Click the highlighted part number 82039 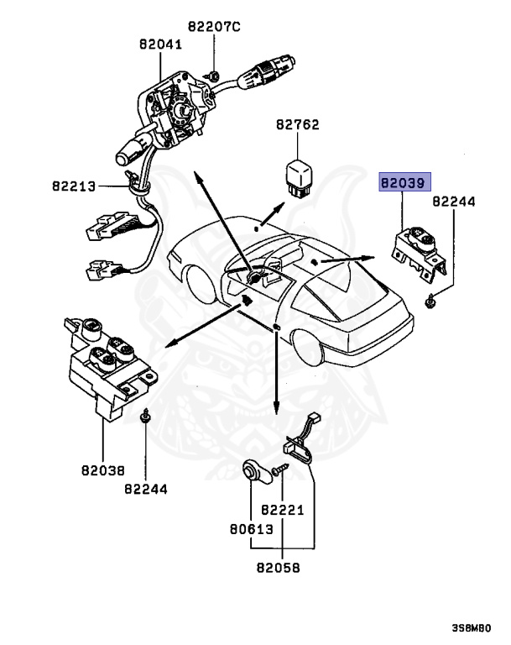point(404,181)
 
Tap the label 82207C point(213,28)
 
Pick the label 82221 point(281,510)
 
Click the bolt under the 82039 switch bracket point(430,299)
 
